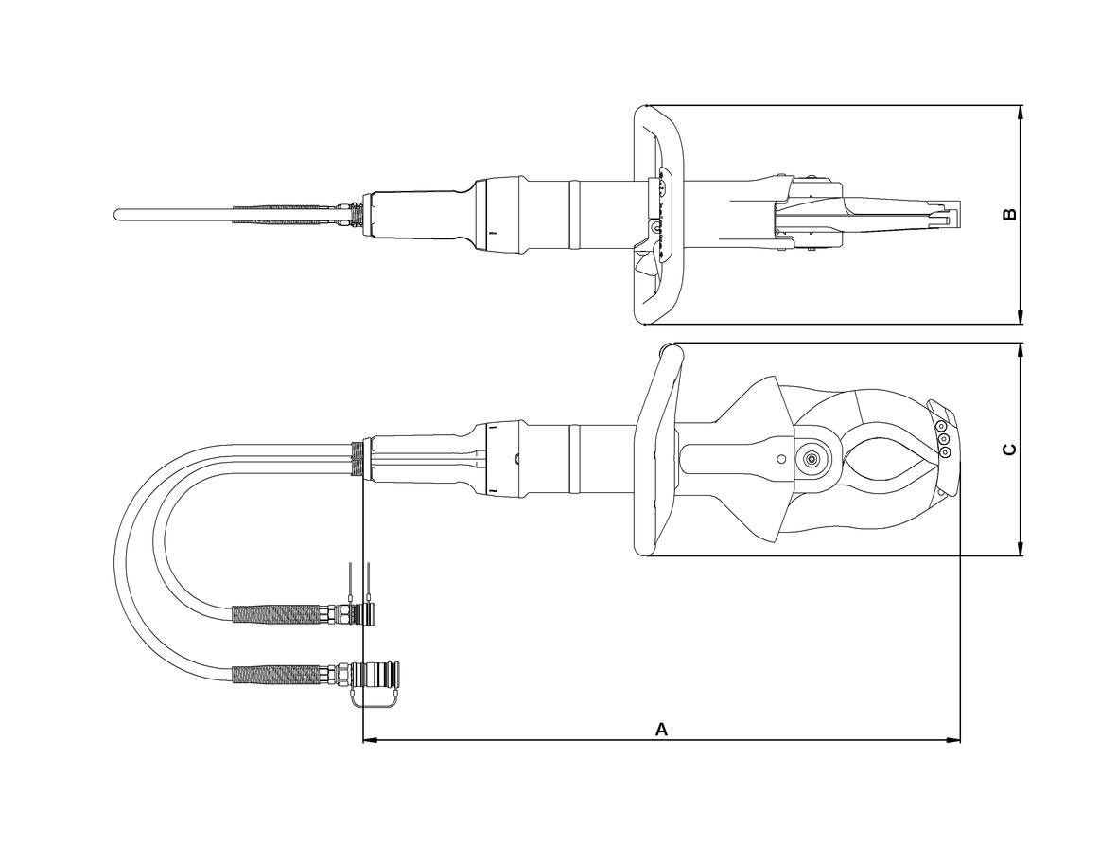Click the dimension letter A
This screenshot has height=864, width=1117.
coord(661,730)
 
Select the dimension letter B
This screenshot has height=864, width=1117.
coord(1009,214)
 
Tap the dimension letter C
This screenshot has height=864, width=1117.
coord(1009,450)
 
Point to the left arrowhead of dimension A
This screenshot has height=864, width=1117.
coord(369,741)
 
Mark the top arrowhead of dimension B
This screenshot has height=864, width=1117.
coord(1021,112)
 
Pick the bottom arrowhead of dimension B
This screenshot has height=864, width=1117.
coord(1021,317)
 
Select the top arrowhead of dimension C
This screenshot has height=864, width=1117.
coord(1021,350)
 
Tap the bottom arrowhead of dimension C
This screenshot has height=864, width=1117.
coord(1021,548)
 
